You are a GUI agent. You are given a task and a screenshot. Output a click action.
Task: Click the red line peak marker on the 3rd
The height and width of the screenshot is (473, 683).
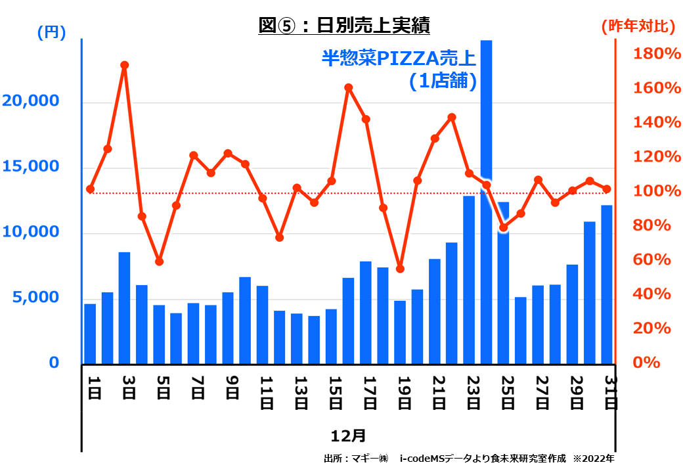(124, 65)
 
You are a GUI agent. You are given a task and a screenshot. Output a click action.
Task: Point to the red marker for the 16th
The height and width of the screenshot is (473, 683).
(349, 87)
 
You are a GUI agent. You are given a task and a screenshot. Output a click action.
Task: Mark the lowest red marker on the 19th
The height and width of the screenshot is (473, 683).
(400, 269)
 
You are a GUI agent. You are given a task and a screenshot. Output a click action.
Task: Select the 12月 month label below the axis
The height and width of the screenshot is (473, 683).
(348, 435)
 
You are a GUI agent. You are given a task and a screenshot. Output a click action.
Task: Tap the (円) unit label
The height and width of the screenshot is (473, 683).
(52, 33)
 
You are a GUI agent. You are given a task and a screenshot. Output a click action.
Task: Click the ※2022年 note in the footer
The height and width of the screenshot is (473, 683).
(594, 459)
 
